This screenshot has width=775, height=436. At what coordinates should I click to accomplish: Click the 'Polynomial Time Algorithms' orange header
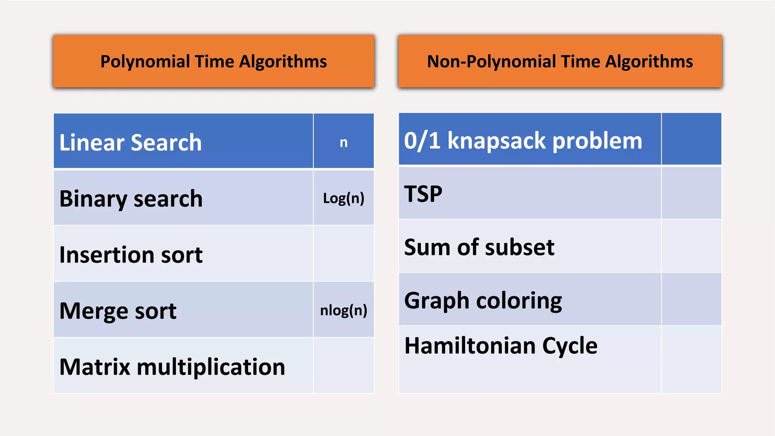[213, 61]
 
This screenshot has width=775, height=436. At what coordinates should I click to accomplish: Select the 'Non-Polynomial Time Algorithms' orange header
[560, 61]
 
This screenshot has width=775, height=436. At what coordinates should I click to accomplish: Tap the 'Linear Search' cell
[131, 142]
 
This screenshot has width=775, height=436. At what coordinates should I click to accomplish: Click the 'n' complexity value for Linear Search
[343, 142]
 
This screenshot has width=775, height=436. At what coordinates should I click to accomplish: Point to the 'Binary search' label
[131, 198]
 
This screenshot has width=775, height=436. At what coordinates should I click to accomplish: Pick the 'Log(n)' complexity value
[343, 198]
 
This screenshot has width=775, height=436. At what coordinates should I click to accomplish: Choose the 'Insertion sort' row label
[131, 254]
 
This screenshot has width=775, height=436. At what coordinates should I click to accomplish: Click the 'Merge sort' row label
[118, 311]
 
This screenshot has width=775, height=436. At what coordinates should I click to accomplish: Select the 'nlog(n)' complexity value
[343, 310]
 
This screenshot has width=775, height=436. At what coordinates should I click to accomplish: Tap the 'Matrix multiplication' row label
[172, 366]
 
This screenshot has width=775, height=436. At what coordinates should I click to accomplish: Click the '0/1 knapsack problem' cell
[523, 141]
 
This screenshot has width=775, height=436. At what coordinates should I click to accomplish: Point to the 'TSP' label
[423, 194]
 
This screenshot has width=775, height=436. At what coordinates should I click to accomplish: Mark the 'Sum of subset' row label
[479, 247]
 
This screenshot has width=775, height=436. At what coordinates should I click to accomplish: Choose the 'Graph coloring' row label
[483, 301]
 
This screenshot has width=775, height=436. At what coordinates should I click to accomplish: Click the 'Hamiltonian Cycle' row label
[501, 346]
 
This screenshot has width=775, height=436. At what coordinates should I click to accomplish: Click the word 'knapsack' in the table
[497, 141]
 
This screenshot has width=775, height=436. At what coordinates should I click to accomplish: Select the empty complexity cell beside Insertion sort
[343, 254]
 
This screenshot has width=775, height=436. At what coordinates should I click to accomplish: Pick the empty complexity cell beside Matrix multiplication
[343, 366]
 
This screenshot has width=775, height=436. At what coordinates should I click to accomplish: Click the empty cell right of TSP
[691, 193]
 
